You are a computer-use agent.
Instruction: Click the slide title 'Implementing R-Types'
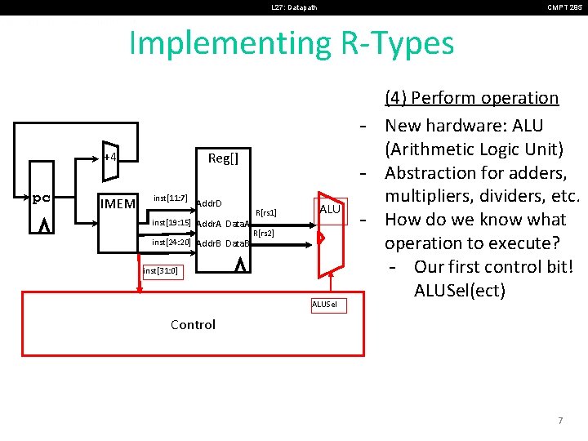(x=292, y=43)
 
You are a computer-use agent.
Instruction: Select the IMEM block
(x=117, y=203)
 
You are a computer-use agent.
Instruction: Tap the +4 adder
(x=110, y=157)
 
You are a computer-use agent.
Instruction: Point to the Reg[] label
(x=223, y=158)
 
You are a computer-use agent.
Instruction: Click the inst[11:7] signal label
(x=171, y=198)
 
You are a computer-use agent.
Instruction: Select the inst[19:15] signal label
(x=171, y=222)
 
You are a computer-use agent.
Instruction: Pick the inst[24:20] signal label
(x=171, y=243)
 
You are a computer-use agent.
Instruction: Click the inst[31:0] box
(x=161, y=270)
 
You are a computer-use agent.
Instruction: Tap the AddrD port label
(x=210, y=203)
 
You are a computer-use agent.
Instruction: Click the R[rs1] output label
(x=265, y=213)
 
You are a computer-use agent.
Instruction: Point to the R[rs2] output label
(x=263, y=234)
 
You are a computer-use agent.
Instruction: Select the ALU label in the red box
(x=329, y=210)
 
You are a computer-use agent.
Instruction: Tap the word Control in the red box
(x=193, y=324)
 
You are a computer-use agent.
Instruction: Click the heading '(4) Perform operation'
(x=471, y=98)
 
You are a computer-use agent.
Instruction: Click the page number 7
(x=559, y=421)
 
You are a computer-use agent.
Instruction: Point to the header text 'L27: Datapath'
(x=294, y=7)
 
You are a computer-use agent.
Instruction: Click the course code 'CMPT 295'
(x=564, y=7)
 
